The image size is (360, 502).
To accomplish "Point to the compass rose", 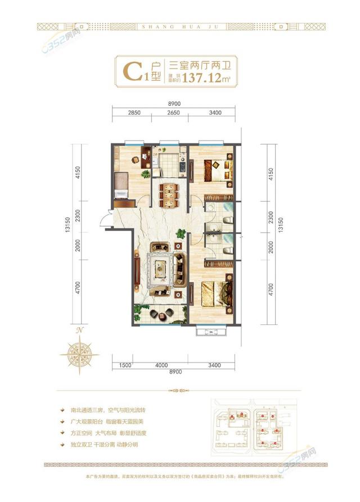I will pyautogui.click(x=80, y=352).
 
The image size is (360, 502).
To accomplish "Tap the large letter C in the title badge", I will pyautogui.click(x=131, y=72).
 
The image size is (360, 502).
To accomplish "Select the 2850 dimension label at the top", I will pyautogui.click(x=133, y=113).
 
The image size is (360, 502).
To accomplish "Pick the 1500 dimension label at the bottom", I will pyautogui.click(x=125, y=366).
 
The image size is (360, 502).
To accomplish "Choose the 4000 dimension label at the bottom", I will pyautogui.click(x=162, y=366).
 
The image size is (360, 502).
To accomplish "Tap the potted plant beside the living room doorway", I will pyautogui.click(x=181, y=233).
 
